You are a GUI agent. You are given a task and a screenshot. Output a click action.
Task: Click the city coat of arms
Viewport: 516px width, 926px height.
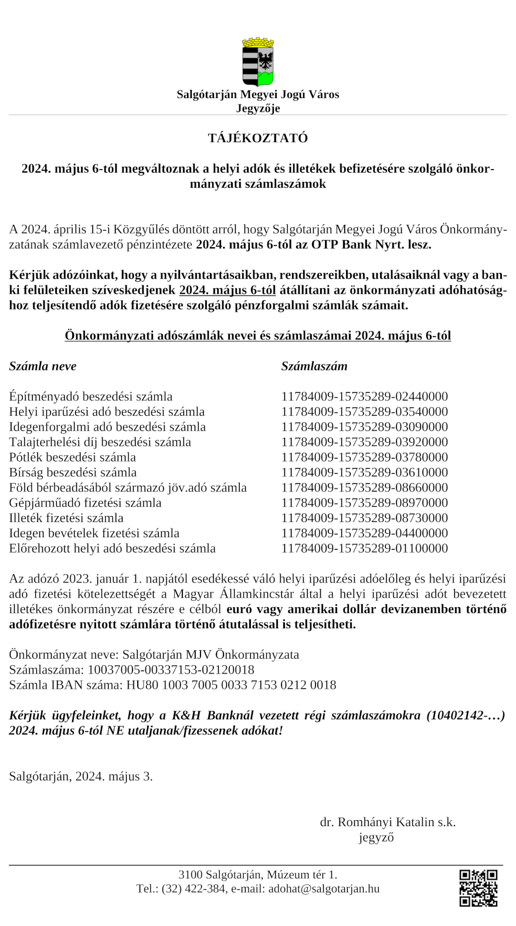click(x=258, y=62)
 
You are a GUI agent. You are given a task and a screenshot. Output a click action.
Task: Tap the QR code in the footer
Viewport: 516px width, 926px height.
click(x=478, y=888)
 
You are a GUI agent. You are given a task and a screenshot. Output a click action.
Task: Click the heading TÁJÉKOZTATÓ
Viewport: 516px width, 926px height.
click(x=258, y=139)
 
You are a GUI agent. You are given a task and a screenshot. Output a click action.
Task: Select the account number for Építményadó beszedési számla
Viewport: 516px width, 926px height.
click(x=364, y=396)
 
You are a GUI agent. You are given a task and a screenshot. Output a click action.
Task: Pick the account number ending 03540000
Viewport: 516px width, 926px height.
click(x=364, y=412)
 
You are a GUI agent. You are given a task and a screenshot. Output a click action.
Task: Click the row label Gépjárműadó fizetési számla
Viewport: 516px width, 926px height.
click(x=85, y=503)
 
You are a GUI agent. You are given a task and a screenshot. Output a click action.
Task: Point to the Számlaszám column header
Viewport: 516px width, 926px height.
click(x=314, y=366)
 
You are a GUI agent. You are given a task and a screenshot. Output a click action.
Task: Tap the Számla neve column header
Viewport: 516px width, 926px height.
click(x=43, y=366)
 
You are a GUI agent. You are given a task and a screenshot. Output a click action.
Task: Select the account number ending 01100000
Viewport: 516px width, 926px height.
click(x=364, y=548)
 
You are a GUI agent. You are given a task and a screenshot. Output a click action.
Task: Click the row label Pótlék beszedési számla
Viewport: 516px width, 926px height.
click(x=72, y=457)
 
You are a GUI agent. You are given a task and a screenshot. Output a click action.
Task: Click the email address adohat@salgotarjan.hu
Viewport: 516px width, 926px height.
click(x=324, y=888)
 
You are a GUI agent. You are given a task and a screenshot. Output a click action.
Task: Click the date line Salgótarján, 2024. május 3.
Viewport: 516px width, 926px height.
click(x=81, y=776)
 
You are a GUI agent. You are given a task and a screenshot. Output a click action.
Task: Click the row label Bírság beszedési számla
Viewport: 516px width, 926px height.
click(x=73, y=473)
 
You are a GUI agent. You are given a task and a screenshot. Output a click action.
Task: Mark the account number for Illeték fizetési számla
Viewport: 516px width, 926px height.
click(x=364, y=518)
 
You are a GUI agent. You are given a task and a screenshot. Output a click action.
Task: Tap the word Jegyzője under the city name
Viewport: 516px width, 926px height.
click(x=258, y=108)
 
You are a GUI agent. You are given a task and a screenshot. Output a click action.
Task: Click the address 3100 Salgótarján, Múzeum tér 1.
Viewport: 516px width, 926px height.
click(x=258, y=874)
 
